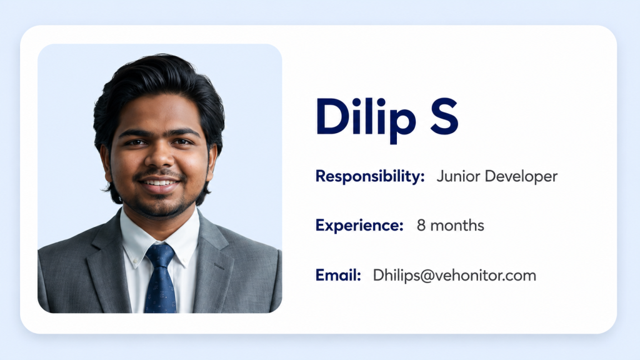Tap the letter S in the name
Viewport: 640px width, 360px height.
[444, 116]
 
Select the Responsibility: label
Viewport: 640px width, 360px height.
[370, 177]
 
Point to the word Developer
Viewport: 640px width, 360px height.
[521, 177]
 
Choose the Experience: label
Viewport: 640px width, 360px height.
[359, 226]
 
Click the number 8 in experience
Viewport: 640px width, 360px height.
[421, 225]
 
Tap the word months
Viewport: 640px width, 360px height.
[457, 225]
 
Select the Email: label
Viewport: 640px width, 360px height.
[338, 275]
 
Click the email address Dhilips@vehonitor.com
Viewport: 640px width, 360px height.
[454, 276]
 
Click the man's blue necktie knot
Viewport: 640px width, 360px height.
[160, 255]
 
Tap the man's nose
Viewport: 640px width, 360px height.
[159, 157]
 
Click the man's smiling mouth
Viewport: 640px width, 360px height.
[159, 184]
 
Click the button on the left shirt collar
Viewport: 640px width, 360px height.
[135, 261]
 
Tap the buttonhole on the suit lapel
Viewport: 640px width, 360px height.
[219, 266]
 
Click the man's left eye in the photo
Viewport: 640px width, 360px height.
[182, 142]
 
